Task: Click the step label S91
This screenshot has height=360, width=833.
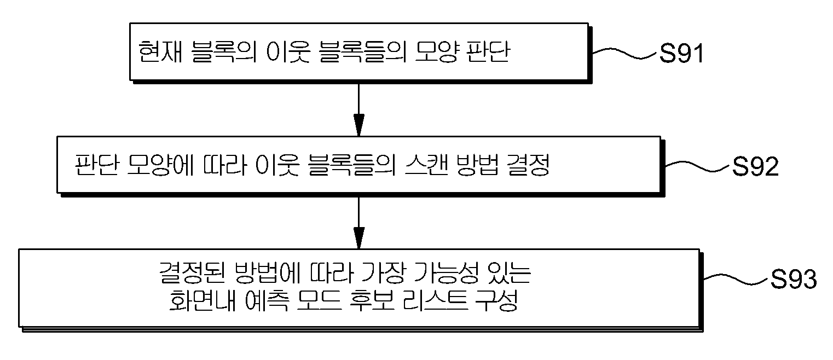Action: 681,54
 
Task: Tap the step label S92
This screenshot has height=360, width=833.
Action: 755,167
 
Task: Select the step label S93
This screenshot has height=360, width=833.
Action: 794,279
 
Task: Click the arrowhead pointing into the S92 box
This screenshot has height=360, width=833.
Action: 358,125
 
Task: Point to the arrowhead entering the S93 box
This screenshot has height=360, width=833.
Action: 358,238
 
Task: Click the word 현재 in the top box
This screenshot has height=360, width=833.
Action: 160,51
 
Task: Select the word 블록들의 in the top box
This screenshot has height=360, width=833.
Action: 362,51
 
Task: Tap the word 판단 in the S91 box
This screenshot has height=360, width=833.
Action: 488,51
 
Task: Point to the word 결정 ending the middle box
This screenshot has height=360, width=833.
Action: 529,165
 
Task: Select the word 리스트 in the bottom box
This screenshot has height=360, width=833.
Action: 436,300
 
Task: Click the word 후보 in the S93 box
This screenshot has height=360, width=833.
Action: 372,300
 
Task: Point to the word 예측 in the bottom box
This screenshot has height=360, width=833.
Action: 267,300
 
